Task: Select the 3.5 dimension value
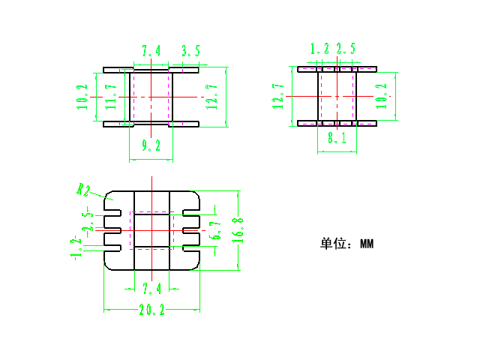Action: pyautogui.click(x=190, y=51)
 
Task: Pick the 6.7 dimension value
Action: pyautogui.click(x=216, y=231)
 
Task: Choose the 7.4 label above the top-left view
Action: pyautogui.click(x=151, y=51)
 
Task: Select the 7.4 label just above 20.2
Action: pyautogui.click(x=151, y=289)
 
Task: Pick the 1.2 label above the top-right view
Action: pyautogui.click(x=319, y=49)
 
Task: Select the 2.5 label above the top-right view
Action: pyautogui.click(x=346, y=49)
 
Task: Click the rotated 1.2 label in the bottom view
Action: pyautogui.click(x=75, y=247)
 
